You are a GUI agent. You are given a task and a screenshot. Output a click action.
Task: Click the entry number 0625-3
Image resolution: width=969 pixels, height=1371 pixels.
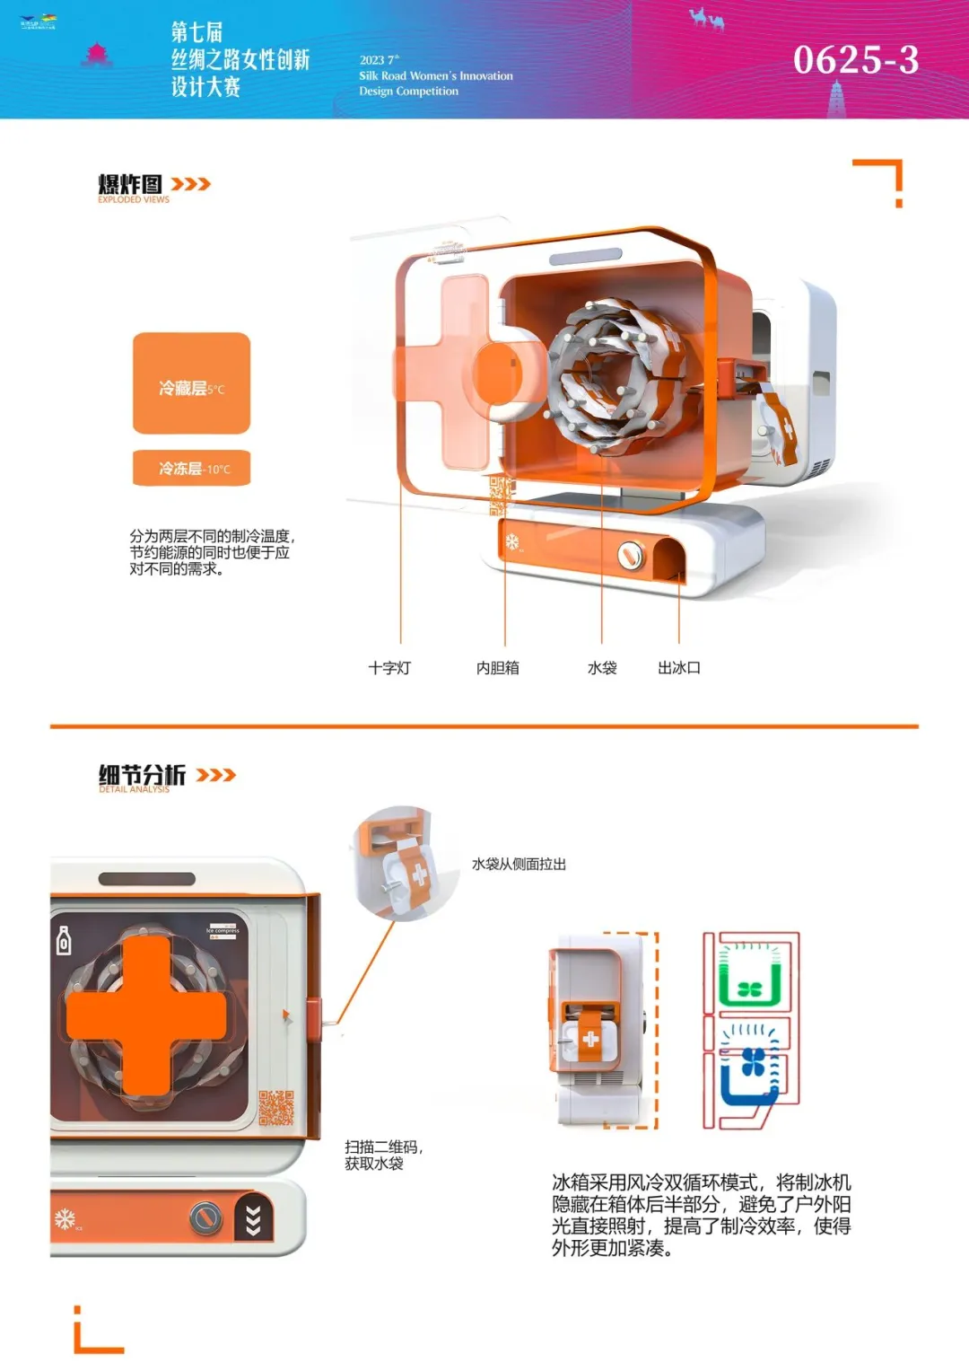tap(855, 60)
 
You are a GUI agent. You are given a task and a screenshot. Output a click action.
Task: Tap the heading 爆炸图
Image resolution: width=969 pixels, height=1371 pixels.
tap(130, 184)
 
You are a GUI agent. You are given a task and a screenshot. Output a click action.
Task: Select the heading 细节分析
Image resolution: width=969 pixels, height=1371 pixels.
tap(142, 774)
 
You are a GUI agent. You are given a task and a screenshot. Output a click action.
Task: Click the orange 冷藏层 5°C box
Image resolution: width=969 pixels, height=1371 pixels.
tap(191, 383)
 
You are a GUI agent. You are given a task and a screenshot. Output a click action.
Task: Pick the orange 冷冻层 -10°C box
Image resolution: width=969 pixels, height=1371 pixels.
tap(191, 468)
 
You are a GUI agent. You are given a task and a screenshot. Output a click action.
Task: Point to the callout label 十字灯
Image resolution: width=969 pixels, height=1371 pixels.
tap(389, 668)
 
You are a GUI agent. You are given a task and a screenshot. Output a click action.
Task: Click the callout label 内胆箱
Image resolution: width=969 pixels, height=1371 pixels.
tap(497, 668)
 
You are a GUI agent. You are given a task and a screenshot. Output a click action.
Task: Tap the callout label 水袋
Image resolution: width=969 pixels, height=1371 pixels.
tap(602, 668)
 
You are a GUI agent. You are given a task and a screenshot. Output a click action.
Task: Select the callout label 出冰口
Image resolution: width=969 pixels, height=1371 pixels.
tap(679, 668)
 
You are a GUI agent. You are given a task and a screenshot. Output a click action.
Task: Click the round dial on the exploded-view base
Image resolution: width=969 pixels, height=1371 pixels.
tap(631, 557)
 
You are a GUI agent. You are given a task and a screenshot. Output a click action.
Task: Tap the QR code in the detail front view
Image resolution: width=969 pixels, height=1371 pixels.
tap(276, 1108)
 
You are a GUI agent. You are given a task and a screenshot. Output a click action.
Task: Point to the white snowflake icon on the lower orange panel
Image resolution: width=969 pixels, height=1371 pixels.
tap(65, 1218)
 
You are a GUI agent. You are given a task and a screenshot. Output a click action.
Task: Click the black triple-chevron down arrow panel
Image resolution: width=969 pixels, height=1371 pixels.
tap(253, 1219)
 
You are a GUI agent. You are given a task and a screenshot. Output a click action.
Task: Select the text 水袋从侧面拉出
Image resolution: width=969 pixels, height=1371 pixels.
tap(519, 864)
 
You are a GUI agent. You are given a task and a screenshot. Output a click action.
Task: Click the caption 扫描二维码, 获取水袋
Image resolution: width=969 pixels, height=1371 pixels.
tap(383, 1155)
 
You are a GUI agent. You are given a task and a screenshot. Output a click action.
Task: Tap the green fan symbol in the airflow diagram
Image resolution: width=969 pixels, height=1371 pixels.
tap(749, 989)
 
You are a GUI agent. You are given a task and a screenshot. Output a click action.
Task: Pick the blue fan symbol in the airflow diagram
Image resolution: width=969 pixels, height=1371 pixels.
tap(753, 1062)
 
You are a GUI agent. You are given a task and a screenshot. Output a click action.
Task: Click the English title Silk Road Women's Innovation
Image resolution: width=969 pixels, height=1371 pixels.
tap(436, 76)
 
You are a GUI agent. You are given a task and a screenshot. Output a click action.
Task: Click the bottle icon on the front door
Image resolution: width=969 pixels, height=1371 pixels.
tap(64, 941)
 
